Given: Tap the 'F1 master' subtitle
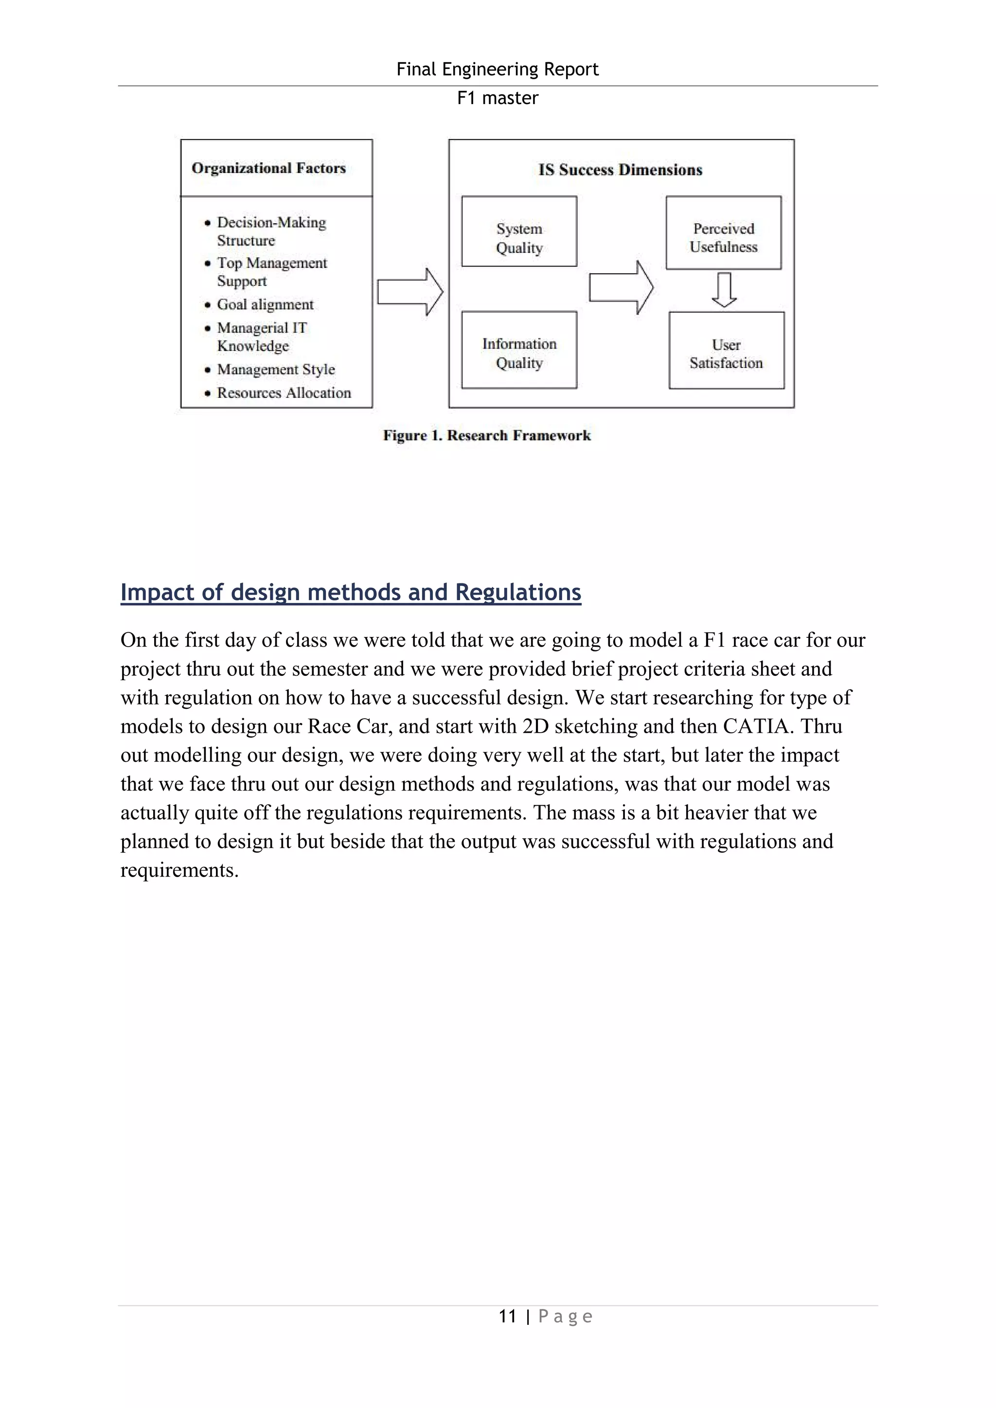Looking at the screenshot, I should click(498, 98).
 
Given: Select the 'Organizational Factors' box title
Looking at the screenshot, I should click(268, 168).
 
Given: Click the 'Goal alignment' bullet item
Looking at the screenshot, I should click(265, 305).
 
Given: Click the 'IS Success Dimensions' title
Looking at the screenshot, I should click(620, 170).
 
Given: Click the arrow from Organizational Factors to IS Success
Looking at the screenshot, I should click(409, 292).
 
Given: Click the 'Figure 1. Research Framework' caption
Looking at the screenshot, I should click(486, 436).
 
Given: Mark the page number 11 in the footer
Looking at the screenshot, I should click(507, 1317).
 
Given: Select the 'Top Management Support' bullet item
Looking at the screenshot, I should click(272, 272).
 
